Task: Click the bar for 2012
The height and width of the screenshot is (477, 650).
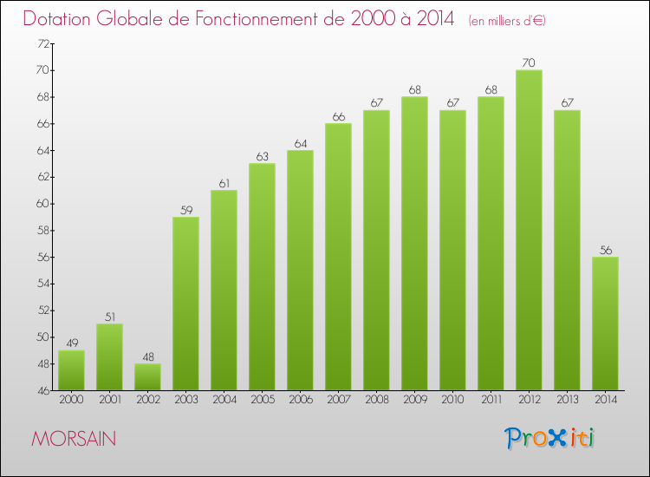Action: pyautogui.click(x=529, y=230)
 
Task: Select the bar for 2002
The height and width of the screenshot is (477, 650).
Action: pyautogui.click(x=147, y=376)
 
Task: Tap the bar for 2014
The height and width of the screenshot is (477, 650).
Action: pyautogui.click(x=605, y=323)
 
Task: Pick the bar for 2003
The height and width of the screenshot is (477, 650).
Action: pyautogui.click(x=185, y=304)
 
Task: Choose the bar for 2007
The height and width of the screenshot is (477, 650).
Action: pyautogui.click(x=338, y=257)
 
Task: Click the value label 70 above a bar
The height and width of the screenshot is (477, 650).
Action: pyautogui.click(x=529, y=62)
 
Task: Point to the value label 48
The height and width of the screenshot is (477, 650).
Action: pyautogui.click(x=147, y=356)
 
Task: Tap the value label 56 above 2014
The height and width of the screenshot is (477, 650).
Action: pyautogui.click(x=605, y=250)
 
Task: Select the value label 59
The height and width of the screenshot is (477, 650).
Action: pyautogui.click(x=185, y=209)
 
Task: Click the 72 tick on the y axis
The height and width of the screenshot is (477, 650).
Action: pyautogui.click(x=42, y=43)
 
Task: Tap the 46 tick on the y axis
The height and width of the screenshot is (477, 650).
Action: pyautogui.click(x=42, y=390)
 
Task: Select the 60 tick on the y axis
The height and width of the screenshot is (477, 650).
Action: pyautogui.click(x=42, y=204)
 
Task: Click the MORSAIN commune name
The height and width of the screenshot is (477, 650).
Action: pyautogui.click(x=74, y=439)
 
